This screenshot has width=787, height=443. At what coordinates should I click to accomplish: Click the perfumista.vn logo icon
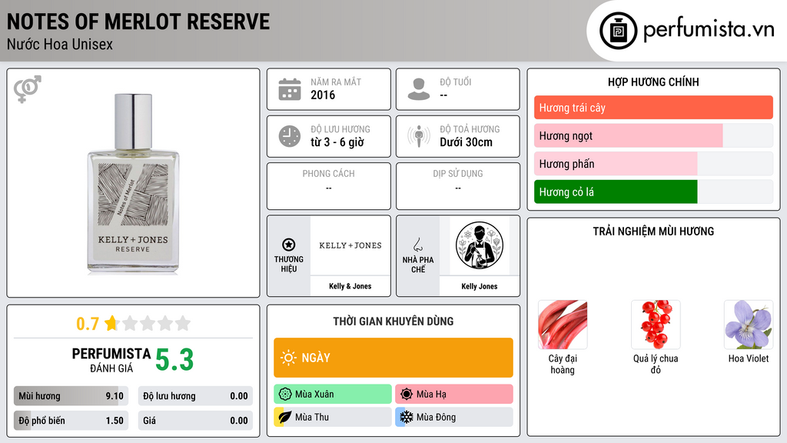(618, 31)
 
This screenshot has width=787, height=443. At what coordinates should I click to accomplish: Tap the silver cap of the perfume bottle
(133, 121)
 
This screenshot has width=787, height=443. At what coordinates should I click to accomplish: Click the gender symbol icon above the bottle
(28, 89)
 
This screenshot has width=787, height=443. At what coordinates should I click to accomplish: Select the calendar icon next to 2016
(290, 89)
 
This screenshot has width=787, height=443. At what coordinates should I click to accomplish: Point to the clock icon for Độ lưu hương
(290, 136)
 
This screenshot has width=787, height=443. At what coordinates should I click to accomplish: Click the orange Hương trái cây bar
(653, 108)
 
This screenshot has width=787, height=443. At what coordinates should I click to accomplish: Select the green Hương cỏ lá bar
(616, 192)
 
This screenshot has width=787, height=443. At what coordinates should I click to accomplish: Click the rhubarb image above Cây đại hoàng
(562, 325)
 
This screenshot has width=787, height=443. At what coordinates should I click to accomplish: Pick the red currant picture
(656, 325)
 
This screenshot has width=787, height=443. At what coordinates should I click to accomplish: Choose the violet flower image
(749, 325)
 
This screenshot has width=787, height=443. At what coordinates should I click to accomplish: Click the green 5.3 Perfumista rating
(174, 360)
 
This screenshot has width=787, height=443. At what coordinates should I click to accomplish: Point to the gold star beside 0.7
(111, 323)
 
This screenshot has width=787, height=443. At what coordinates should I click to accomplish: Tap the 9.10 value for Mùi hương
(115, 396)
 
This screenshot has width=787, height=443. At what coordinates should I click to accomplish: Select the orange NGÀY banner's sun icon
(288, 358)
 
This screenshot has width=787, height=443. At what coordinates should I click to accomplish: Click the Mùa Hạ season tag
(453, 394)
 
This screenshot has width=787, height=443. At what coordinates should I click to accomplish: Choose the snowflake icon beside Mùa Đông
(406, 417)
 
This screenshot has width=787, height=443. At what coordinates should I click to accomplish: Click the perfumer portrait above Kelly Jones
(480, 245)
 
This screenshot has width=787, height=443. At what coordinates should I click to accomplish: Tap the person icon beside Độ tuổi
(419, 89)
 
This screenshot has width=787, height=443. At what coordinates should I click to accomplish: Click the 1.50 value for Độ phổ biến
(115, 421)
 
